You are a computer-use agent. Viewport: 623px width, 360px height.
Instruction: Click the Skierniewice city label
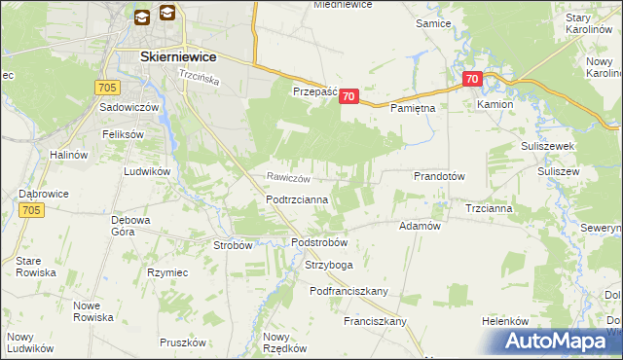click(177, 57)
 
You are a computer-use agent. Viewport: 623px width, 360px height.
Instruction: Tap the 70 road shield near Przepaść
click(350, 96)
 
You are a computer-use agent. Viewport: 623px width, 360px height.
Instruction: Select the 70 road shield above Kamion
click(472, 80)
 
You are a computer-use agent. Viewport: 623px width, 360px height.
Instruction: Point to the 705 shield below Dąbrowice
click(31, 209)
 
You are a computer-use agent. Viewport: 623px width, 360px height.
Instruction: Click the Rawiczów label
click(289, 178)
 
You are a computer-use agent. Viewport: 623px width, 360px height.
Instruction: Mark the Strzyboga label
click(327, 264)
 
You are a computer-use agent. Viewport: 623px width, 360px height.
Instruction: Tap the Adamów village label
click(421, 225)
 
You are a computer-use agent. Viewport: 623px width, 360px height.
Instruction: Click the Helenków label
click(504, 321)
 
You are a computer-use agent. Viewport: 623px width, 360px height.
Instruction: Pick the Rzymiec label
click(166, 272)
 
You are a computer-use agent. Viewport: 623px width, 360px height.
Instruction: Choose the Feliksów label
click(123, 133)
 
